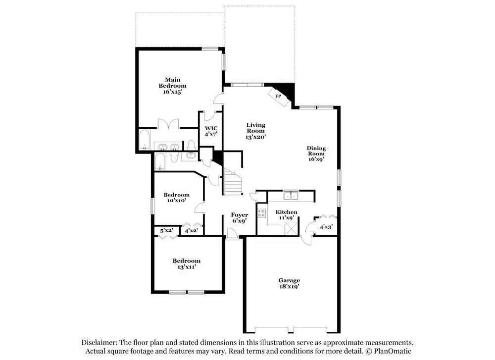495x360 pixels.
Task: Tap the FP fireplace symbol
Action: (279, 96)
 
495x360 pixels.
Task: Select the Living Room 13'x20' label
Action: (256, 131)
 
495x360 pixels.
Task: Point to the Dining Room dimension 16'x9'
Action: (316, 159)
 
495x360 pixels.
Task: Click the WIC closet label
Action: (211, 128)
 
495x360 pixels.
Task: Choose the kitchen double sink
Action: (291, 196)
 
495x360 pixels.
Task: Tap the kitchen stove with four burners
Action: (262, 213)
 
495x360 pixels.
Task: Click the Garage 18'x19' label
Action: (289, 283)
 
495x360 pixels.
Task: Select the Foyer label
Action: (240, 215)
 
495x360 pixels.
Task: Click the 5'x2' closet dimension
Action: (166, 231)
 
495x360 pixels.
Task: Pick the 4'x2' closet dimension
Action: (191, 231)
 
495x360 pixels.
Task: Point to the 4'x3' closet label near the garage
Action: (326, 227)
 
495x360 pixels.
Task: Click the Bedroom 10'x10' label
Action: (177, 198)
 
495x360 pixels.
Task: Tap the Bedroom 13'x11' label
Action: (186, 263)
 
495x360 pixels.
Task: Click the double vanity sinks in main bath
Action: (168, 147)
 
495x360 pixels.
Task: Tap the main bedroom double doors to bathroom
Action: (168, 124)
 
